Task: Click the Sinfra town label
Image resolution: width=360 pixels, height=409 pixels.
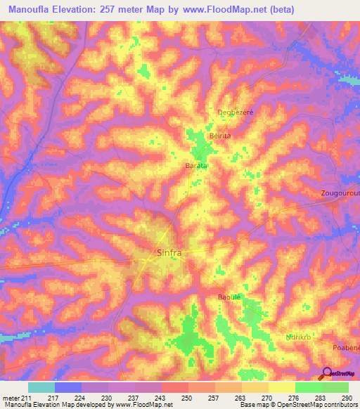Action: (167, 252)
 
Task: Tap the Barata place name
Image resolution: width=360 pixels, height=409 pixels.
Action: (196, 165)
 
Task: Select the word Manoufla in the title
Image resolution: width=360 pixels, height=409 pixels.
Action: (33, 9)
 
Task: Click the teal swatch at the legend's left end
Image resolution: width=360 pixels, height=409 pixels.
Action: (41, 387)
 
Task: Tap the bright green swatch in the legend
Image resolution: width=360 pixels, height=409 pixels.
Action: (308, 387)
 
